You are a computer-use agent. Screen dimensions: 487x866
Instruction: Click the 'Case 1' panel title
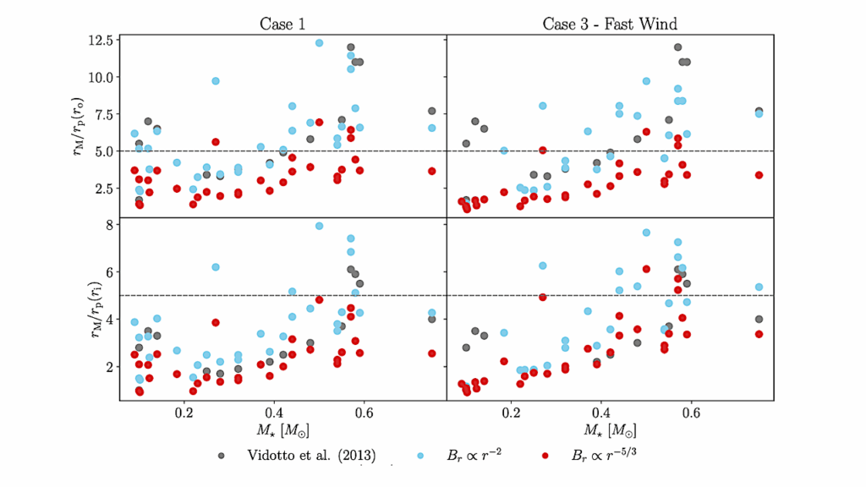[282, 23]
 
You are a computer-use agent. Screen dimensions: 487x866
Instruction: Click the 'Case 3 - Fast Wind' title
[609, 23]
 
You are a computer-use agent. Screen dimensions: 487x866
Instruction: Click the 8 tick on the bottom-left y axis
[107, 225]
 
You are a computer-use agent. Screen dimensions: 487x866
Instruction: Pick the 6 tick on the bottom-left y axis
[107, 272]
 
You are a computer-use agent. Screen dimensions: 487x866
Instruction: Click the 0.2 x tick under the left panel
[184, 413]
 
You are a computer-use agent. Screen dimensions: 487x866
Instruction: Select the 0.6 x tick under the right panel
[691, 413]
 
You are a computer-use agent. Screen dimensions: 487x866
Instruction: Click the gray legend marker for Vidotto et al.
[221, 455]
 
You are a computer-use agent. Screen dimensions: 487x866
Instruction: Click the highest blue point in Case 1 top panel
[319, 42]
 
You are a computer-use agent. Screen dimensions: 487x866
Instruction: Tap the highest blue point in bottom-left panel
[319, 226]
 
